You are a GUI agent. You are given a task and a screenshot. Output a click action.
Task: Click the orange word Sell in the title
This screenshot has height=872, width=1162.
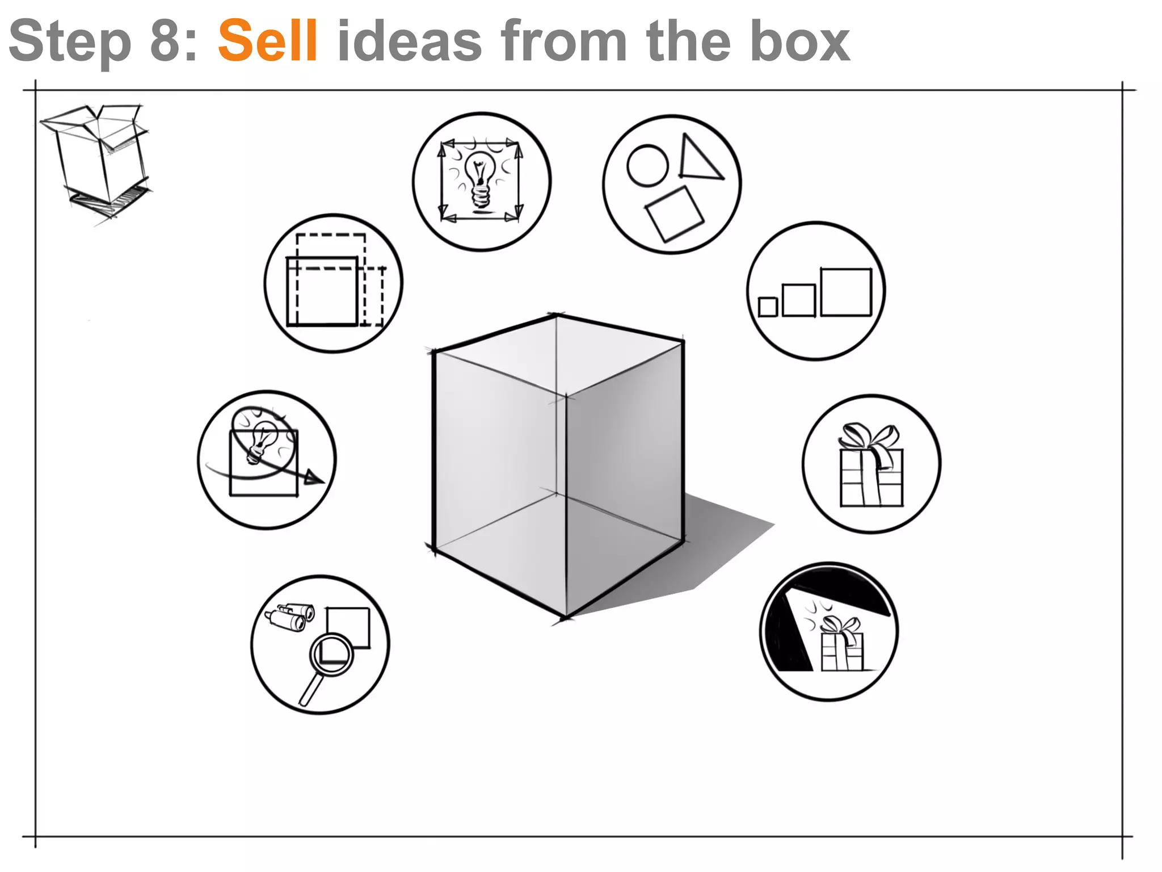[x=267, y=41]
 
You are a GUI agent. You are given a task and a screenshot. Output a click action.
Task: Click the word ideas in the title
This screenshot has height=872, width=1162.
[x=409, y=41]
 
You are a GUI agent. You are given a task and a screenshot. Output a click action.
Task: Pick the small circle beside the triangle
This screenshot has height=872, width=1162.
[x=647, y=165]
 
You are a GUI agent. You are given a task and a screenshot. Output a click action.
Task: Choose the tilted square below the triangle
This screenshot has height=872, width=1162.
[x=674, y=214]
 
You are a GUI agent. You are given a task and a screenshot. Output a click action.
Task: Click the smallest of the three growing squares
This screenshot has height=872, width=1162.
[x=768, y=307]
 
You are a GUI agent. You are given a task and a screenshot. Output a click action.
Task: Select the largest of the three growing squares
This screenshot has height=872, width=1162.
[x=845, y=292]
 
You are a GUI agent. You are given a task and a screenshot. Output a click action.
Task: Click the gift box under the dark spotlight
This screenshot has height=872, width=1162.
[x=842, y=647]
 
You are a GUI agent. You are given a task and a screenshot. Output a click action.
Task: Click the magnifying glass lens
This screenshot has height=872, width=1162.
[x=332, y=654]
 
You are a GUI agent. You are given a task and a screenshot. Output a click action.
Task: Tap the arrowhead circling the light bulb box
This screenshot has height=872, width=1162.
[x=313, y=478]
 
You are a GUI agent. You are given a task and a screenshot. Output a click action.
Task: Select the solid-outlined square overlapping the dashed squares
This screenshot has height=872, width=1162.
[x=322, y=291]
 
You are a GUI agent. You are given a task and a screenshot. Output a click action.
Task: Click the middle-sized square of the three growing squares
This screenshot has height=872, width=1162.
[x=798, y=300]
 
